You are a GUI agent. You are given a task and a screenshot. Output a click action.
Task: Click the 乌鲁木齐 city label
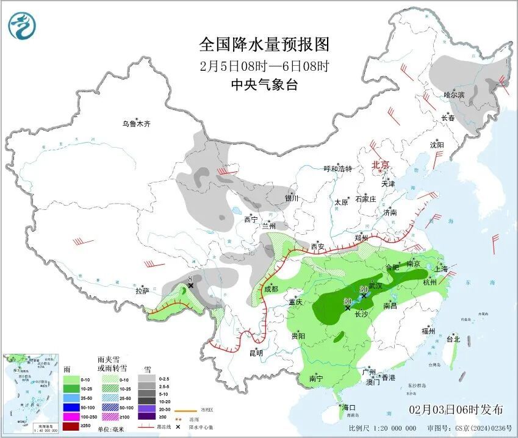135,124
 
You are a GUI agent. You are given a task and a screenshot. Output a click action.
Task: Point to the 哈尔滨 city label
453,95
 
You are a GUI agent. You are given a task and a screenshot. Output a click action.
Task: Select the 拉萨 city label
142,291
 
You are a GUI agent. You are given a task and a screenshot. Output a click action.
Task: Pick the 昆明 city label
256,353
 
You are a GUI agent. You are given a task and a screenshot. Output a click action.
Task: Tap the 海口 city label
350,407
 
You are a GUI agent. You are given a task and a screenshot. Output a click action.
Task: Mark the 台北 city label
452,339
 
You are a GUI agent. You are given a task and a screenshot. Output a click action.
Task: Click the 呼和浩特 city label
337,168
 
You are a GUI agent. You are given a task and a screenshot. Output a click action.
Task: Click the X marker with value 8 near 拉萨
190,285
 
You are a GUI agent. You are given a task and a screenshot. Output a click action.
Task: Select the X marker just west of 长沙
348,309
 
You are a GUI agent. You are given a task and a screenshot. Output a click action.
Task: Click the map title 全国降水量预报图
264,45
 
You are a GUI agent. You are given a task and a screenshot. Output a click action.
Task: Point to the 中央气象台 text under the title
264,85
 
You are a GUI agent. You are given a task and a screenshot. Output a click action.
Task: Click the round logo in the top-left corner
23,26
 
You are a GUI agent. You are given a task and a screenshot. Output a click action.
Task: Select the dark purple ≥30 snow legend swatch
146,416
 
